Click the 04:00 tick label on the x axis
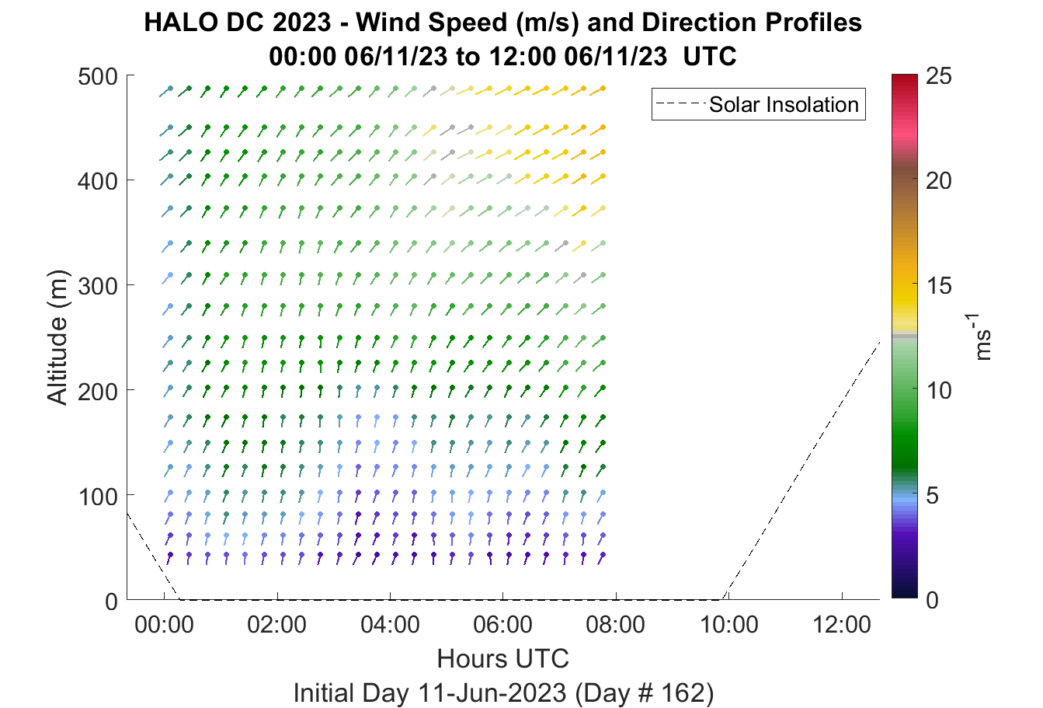click(x=390, y=625)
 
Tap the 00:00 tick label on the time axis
click(x=164, y=625)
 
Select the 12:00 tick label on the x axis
click(x=841, y=625)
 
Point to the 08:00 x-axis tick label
click(x=616, y=625)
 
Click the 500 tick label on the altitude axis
click(x=98, y=77)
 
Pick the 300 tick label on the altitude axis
click(x=98, y=287)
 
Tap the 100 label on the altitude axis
click(x=98, y=497)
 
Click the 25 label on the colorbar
click(x=939, y=76)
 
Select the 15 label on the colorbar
click(x=939, y=286)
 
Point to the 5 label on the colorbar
click(x=932, y=496)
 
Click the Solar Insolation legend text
click(x=784, y=105)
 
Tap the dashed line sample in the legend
click(x=680, y=103)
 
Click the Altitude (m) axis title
click(x=57, y=337)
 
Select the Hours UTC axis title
click(x=503, y=658)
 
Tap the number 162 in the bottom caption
click(x=681, y=692)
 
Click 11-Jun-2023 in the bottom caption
click(x=492, y=692)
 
